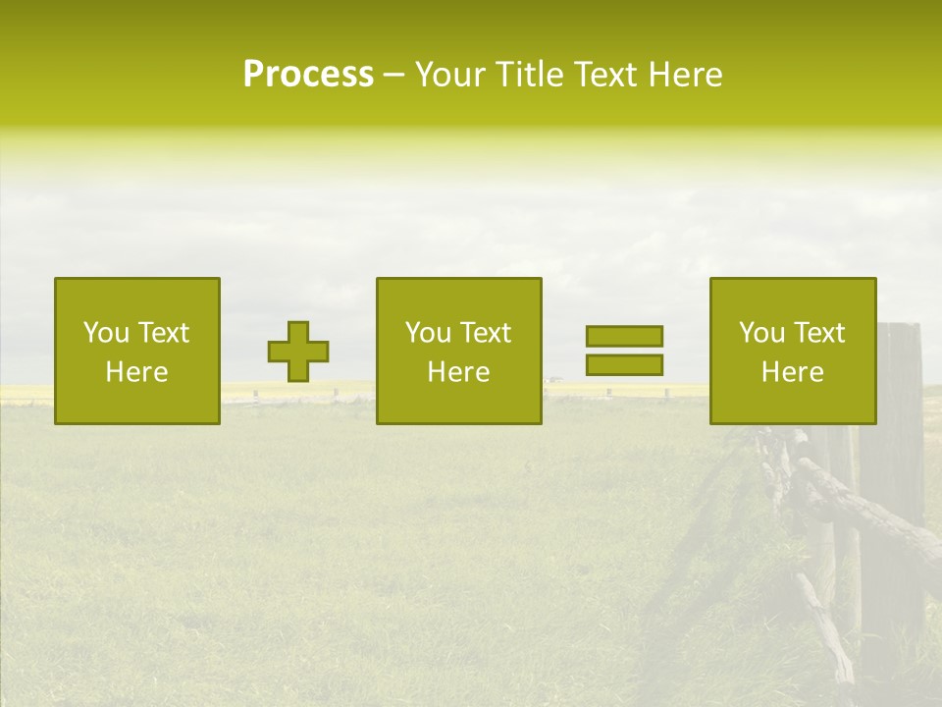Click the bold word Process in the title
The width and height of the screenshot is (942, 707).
tap(308, 75)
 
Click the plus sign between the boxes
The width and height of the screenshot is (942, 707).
tap(298, 352)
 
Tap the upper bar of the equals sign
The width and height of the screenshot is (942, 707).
tap(624, 336)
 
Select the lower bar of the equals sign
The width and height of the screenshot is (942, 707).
tap(624, 364)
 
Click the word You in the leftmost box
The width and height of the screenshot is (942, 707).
tap(106, 333)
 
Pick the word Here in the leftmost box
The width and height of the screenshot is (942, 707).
tap(136, 372)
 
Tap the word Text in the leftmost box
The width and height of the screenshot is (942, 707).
tap(162, 333)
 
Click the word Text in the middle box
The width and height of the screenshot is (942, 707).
tap(484, 333)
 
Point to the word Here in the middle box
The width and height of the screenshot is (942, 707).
tap(458, 372)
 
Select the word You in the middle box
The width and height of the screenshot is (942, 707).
tap(428, 333)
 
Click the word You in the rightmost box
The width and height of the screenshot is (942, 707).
tap(761, 333)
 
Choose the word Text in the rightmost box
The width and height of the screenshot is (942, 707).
tap(817, 333)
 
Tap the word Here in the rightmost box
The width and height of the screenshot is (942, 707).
tap(792, 372)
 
